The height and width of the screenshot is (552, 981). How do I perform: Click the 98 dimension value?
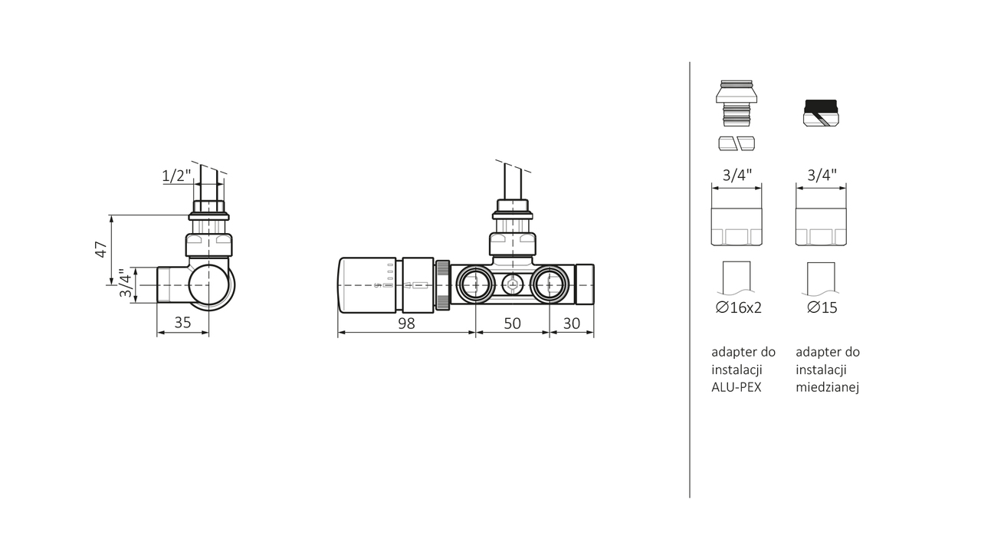(x=406, y=324)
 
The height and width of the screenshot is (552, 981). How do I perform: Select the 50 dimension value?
(x=512, y=324)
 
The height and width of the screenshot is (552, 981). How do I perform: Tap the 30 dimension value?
(x=572, y=324)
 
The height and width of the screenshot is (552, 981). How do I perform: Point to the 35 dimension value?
(x=182, y=323)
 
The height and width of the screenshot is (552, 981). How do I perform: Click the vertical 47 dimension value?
(x=101, y=249)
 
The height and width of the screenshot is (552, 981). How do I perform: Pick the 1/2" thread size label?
(x=176, y=176)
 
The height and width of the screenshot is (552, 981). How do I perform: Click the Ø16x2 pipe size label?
(x=738, y=307)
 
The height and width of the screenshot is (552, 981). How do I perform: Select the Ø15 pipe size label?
(x=822, y=307)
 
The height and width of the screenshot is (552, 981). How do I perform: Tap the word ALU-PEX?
(x=737, y=387)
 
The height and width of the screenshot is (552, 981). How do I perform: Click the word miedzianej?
(x=827, y=387)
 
